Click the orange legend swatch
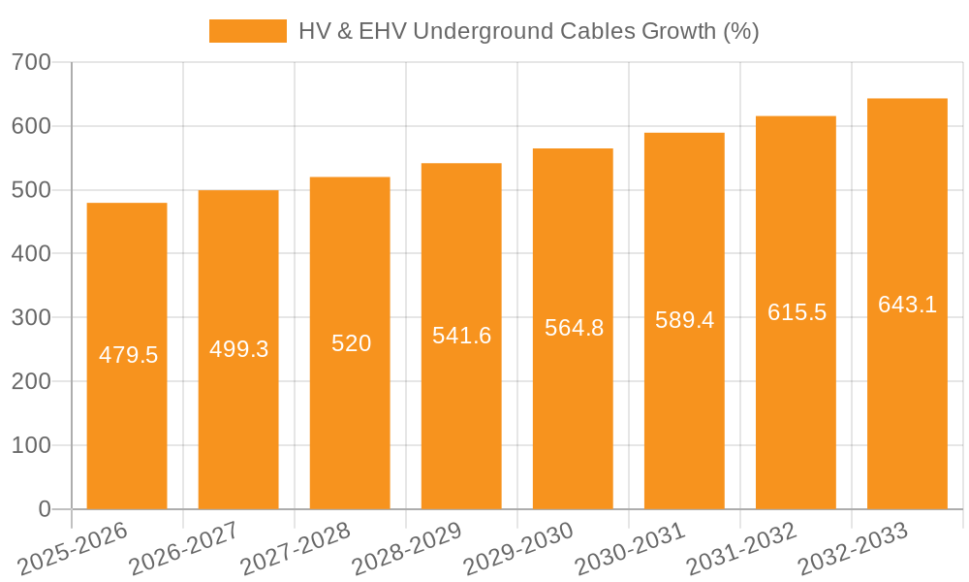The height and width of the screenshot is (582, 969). coord(248,31)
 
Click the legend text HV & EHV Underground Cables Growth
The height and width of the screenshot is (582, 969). coord(528,31)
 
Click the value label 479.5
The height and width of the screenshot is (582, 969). coord(128,355)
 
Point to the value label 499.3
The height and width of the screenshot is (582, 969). coord(239,349)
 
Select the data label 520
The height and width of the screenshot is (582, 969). coord(351,343)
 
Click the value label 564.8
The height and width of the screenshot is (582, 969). coord(574,329)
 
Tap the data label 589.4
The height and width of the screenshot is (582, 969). coord(684,321)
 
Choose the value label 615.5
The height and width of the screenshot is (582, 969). coord(797,312)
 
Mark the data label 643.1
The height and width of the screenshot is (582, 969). coord(907,305)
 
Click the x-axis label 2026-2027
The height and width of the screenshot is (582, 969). coord(184,549)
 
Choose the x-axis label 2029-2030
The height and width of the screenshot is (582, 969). coord(518,549)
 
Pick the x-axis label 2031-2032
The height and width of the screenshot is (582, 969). coord(741,549)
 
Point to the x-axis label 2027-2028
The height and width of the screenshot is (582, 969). coord(296,549)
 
